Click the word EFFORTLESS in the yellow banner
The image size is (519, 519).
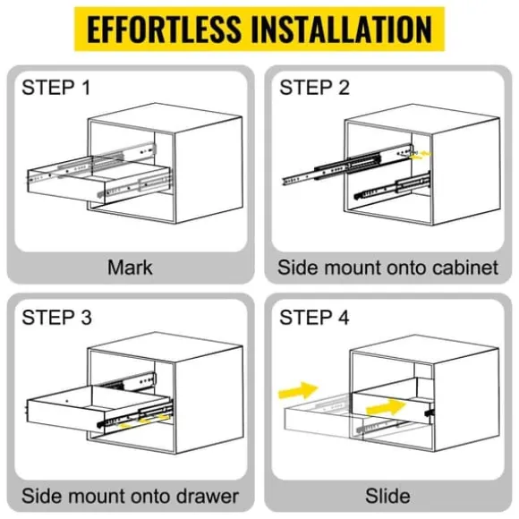point(164,30)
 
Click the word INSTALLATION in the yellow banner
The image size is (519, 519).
point(342,30)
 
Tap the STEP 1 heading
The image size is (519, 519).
point(56,88)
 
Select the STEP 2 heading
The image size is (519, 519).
point(314,88)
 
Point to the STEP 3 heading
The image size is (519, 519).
point(56,317)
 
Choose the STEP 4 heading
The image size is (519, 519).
point(314,317)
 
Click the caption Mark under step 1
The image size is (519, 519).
point(130,268)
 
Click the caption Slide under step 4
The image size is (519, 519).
point(388,496)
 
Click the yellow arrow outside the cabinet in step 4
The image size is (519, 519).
point(298,390)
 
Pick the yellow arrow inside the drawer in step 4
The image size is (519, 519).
point(387,407)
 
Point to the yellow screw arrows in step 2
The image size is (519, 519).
point(421,156)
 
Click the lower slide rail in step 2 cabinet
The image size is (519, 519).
point(393,186)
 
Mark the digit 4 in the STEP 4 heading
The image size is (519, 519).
point(344,317)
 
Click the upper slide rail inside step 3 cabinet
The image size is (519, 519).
point(131,381)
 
